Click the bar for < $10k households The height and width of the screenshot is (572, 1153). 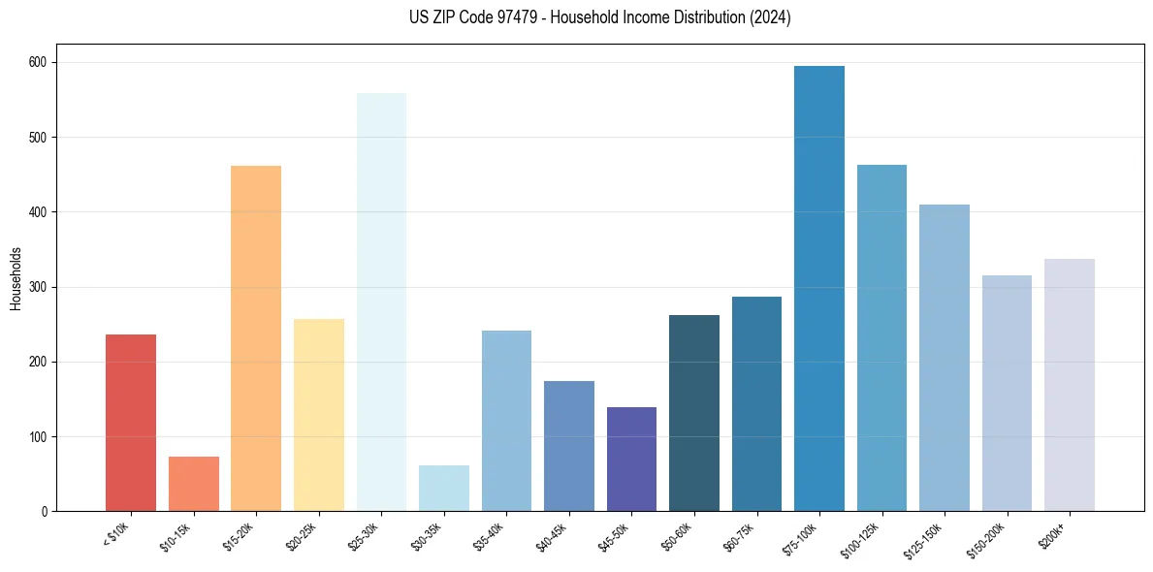131,423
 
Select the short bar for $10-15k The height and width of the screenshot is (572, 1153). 194,484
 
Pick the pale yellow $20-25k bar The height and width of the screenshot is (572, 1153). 319,415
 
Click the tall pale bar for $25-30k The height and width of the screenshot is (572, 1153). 381,302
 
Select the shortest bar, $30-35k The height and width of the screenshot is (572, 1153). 444,489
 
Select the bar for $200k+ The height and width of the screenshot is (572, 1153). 1070,385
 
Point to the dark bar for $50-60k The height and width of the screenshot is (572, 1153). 694,413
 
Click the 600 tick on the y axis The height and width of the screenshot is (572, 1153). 42,62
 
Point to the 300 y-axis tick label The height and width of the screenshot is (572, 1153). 42,287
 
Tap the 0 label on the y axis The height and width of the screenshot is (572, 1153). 47,511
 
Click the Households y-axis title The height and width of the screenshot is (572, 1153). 16,278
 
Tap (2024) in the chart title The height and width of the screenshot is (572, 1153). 769,17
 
